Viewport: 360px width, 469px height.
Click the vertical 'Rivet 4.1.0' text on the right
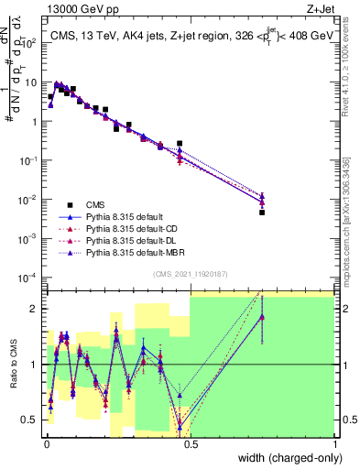click(x=344, y=69)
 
